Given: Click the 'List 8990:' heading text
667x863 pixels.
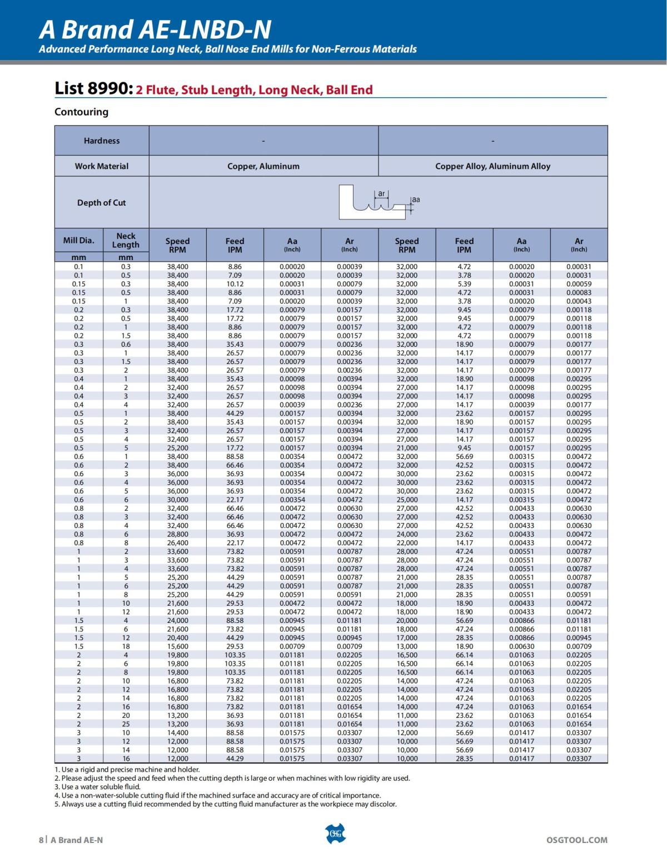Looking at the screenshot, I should click(x=93, y=88).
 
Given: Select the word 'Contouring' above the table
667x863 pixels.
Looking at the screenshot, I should click(x=81, y=112).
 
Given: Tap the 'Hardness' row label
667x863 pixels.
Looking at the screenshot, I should click(x=102, y=141).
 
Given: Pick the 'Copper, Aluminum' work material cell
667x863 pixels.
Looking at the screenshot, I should click(x=263, y=166).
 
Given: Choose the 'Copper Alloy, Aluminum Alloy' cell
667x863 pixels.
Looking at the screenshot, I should click(x=492, y=166).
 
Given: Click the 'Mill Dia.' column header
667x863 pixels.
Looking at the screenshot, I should click(x=79, y=241).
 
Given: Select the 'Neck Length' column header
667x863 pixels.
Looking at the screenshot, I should click(x=126, y=240).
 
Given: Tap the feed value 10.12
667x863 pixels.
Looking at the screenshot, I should click(x=235, y=284).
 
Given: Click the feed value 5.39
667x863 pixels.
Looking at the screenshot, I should click(x=464, y=284).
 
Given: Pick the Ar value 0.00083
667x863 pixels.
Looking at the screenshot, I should click(x=579, y=293).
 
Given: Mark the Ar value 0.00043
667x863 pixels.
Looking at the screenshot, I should click(x=579, y=301).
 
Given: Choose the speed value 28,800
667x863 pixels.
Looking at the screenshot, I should click(x=177, y=535).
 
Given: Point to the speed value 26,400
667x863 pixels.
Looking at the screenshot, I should click(x=177, y=543).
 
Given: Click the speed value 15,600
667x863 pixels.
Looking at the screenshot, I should click(x=177, y=647).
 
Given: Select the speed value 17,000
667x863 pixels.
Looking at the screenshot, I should click(x=407, y=638).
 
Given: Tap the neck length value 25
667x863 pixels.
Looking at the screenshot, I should click(x=126, y=724).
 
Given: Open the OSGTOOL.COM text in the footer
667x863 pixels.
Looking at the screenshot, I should click(x=577, y=840).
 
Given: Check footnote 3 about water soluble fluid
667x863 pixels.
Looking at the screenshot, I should click(x=98, y=787).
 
